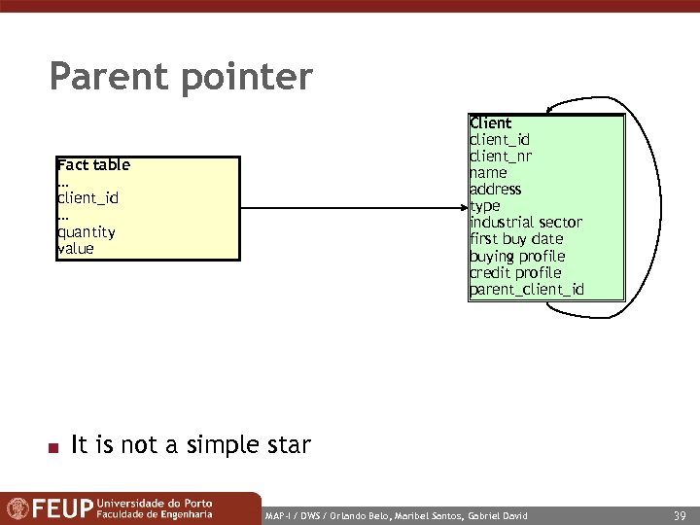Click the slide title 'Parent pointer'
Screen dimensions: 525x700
point(181,77)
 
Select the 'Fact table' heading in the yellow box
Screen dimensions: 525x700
point(93,165)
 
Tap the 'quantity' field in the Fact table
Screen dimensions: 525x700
point(87,231)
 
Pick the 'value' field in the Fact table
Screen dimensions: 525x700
point(76,248)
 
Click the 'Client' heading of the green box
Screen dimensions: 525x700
point(490,123)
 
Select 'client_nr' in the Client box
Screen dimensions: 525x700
point(501,157)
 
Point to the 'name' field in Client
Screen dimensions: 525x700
point(488,173)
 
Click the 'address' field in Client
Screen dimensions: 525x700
point(496,190)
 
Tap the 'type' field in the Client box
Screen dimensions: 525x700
point(484,206)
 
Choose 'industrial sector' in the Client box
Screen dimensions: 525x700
point(526,223)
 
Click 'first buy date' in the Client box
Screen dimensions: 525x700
point(516,239)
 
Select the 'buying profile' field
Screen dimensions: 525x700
point(517,257)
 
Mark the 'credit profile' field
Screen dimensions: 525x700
point(515,273)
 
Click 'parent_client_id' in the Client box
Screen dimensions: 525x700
point(527,290)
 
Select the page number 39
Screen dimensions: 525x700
point(679,513)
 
